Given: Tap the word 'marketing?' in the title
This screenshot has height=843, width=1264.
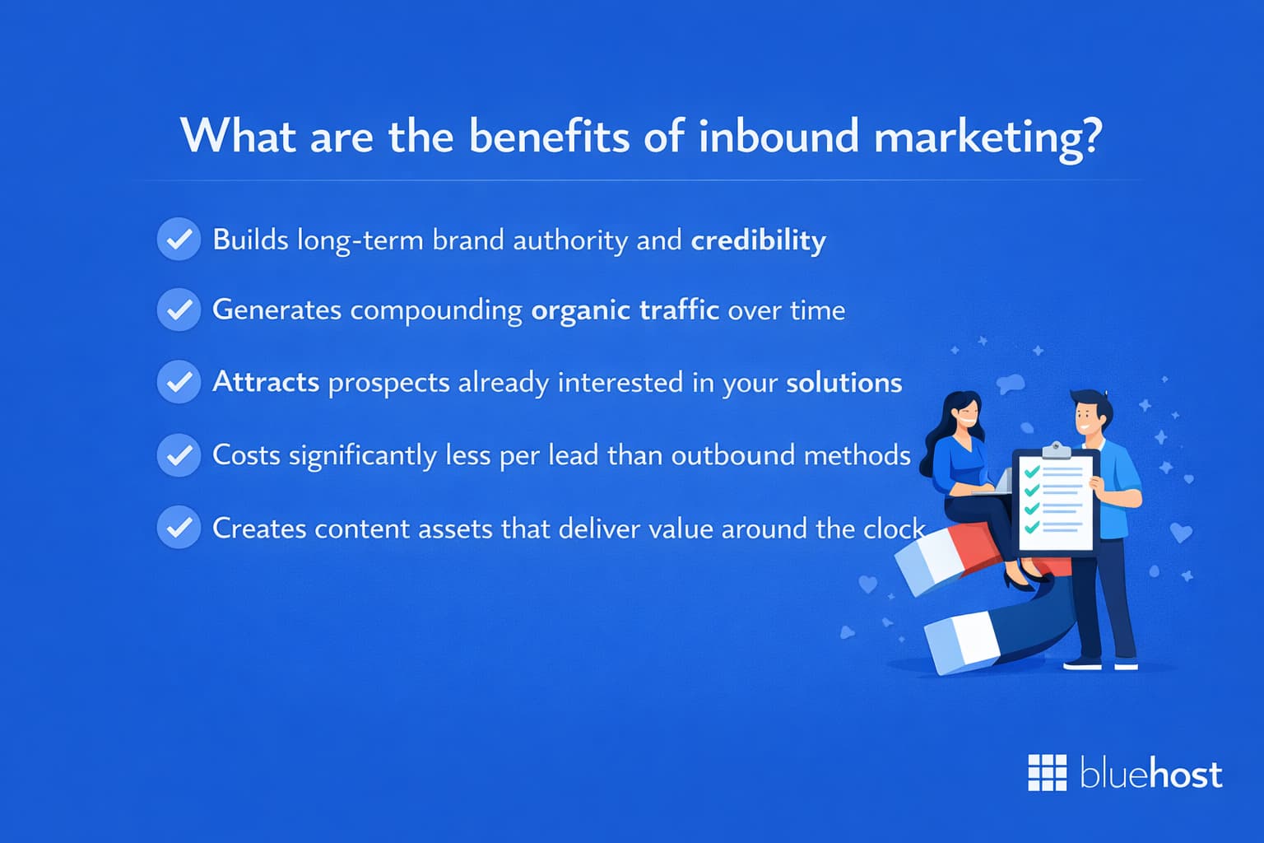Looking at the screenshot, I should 987,137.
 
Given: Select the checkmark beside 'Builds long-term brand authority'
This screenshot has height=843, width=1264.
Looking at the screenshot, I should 179,240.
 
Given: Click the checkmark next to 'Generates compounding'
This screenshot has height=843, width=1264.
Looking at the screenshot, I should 179,310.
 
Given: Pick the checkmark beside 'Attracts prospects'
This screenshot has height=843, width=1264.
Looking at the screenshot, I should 179,382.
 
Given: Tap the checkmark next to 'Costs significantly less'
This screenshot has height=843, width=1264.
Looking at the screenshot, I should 179,454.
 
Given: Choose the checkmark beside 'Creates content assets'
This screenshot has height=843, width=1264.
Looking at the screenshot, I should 179,527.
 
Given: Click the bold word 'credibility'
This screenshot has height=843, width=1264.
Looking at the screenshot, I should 758,240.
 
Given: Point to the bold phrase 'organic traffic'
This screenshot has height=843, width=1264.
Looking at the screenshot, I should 625,310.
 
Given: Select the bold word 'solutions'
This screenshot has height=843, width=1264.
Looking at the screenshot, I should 843,383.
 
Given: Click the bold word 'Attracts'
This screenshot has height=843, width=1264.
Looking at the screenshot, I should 266,382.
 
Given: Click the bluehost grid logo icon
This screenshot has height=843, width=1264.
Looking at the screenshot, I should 1047,773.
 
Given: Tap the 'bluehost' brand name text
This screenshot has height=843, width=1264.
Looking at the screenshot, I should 1150,774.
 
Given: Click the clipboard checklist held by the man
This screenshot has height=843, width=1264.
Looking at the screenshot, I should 1056,502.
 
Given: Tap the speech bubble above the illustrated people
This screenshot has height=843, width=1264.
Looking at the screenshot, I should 1011,383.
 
